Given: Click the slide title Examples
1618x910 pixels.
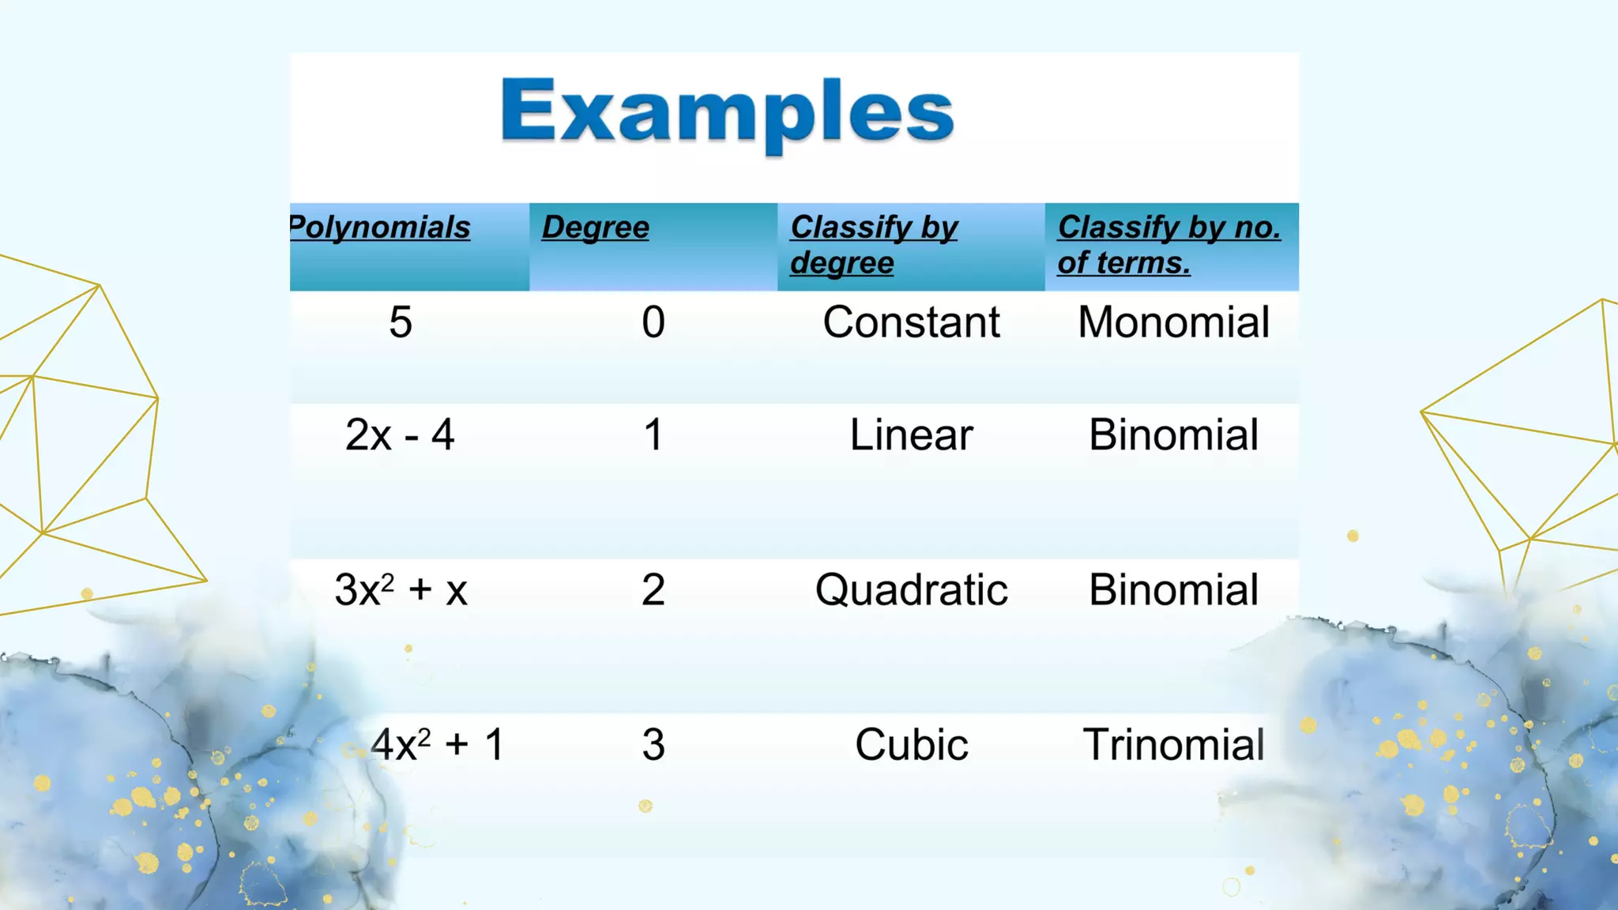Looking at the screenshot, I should pos(727,112).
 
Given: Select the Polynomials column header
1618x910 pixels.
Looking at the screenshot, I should pos(380,227).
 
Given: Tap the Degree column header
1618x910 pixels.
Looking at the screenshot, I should pos(596,227).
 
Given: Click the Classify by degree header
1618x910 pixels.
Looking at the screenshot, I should pos(873,244).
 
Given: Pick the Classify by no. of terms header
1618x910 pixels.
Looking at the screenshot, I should pos(1168,244).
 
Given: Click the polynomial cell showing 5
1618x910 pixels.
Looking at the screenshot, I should pos(401,322).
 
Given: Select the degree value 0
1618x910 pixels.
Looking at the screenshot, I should pos(653,322).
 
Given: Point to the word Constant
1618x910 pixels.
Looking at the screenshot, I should pos(911,322).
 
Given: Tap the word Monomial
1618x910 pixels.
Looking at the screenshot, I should pos(1173,322).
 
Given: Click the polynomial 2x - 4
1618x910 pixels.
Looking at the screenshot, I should pos(400,435).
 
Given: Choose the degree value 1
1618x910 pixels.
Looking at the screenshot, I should pos(653,435).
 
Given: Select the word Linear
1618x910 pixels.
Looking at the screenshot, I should pos(911,435).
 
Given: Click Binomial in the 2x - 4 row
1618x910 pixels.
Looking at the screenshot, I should pos(1173,435).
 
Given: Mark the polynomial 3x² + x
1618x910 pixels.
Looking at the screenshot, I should pos(401,590).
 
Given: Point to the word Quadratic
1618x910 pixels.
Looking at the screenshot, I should pos(911,590).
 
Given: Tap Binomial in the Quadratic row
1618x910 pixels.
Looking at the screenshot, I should pos(1173,590).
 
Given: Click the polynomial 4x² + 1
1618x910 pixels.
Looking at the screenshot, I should pos(437,744).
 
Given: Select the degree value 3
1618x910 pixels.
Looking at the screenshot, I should pos(653,745).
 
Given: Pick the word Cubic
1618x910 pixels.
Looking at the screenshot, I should pos(911,745).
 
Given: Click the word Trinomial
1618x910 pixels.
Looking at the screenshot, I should pos(1173,745).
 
